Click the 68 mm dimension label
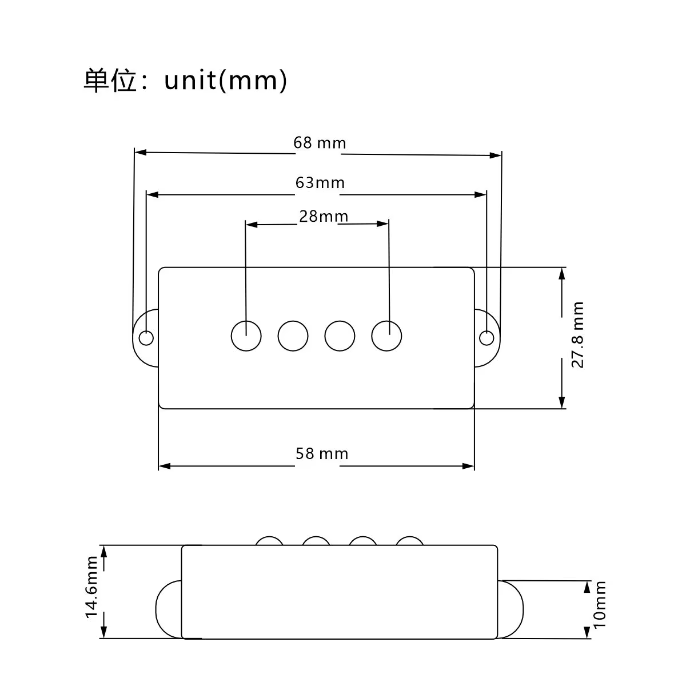point(320,143)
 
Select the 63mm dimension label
point(320,182)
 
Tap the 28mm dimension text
point(323,216)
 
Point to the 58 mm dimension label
point(322,453)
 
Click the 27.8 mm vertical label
point(577,334)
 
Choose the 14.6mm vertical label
point(91,587)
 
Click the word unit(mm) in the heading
point(225,80)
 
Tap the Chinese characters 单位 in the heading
point(110,81)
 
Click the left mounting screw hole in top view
point(146,338)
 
